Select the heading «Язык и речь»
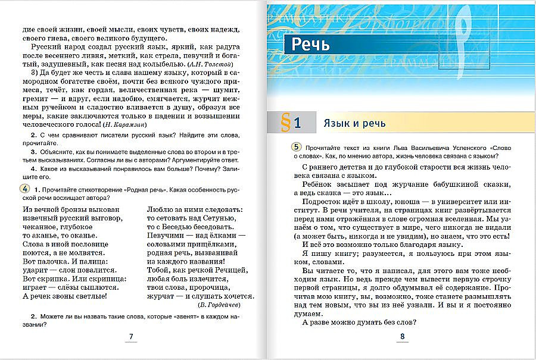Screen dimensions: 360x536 click(x=354, y=124)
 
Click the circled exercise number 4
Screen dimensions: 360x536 click(x=17, y=189)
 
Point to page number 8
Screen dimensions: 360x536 click(x=402, y=337)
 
